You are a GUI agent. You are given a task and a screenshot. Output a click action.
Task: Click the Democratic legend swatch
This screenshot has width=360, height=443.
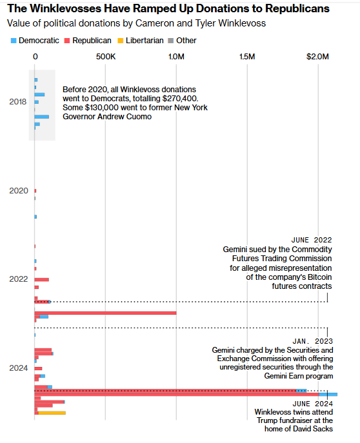14,41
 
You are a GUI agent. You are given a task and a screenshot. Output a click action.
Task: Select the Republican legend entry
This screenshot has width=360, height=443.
88,41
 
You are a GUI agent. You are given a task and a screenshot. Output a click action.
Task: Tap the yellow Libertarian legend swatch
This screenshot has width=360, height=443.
121,41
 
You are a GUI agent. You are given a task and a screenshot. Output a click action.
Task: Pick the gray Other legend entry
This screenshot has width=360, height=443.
182,41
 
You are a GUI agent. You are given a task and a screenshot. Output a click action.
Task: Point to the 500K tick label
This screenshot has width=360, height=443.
106,57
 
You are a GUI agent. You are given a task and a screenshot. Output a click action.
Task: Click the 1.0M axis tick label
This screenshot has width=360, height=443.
176,57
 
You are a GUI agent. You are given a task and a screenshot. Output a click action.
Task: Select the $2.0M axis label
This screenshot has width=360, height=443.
317,57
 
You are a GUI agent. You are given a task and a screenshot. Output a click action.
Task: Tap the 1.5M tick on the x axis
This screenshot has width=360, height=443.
247,57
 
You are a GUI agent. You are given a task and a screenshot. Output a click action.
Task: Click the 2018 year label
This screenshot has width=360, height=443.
18,102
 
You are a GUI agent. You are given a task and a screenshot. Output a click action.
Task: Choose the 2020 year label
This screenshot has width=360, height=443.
19,191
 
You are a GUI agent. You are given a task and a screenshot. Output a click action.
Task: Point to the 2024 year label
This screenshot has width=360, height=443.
19,368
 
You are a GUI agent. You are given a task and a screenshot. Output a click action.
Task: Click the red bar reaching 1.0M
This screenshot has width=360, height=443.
105,313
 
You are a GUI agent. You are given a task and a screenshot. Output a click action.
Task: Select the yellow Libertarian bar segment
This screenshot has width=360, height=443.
52,413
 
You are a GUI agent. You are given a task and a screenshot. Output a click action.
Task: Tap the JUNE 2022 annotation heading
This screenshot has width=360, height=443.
312,240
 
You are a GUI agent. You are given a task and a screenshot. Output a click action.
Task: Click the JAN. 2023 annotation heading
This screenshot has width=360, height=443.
312,341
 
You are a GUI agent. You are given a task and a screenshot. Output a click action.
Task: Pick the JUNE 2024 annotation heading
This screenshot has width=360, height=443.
312,404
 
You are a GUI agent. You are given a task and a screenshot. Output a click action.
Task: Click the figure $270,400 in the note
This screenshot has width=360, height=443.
180,99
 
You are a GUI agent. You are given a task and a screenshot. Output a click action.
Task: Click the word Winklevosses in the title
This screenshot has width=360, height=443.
66,9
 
